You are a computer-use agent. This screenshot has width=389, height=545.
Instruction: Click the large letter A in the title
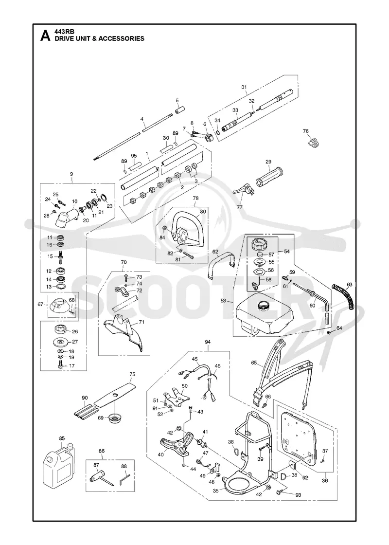[x=45, y=36]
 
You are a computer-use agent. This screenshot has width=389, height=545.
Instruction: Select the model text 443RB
[x=63, y=32]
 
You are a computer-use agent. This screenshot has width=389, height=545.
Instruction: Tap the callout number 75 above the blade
[x=132, y=374]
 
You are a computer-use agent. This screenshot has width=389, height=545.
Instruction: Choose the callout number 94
[x=208, y=343]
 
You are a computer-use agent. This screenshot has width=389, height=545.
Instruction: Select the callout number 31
[x=244, y=87]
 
